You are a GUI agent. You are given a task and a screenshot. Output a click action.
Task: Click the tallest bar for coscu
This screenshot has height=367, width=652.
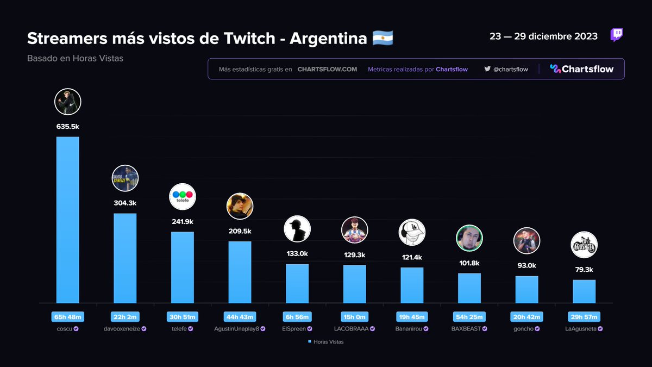[x=68, y=220]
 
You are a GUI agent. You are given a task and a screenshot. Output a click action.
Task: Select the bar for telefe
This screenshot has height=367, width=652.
[x=183, y=267]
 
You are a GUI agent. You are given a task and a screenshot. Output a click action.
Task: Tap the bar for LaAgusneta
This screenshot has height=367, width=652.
[x=584, y=291]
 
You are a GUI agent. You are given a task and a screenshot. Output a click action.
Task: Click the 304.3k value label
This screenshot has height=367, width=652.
[x=125, y=203]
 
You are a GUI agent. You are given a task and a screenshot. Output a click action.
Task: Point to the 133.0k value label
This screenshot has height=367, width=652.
[x=297, y=253]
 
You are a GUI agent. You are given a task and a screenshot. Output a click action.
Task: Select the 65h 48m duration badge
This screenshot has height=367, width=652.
[x=68, y=316]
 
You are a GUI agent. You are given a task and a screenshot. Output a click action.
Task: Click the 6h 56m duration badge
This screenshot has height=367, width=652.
[x=297, y=316]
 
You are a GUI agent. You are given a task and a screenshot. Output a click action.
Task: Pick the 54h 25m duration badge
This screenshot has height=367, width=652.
[x=469, y=316]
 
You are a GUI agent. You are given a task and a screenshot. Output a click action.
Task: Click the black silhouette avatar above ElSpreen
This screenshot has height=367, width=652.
[x=297, y=228]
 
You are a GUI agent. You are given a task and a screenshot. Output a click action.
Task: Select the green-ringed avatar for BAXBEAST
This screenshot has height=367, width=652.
[x=469, y=238]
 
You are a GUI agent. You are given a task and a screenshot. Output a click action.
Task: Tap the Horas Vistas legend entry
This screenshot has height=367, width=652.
[x=326, y=341]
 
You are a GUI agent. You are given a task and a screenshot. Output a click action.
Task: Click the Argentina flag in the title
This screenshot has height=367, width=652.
[x=383, y=39]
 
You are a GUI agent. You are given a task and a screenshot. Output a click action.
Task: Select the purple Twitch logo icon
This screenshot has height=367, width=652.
[x=617, y=36]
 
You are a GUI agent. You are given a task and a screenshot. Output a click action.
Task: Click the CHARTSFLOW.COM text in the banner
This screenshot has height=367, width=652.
[x=327, y=70]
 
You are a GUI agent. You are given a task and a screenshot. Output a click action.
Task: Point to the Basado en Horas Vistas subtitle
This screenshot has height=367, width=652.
[x=75, y=58]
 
